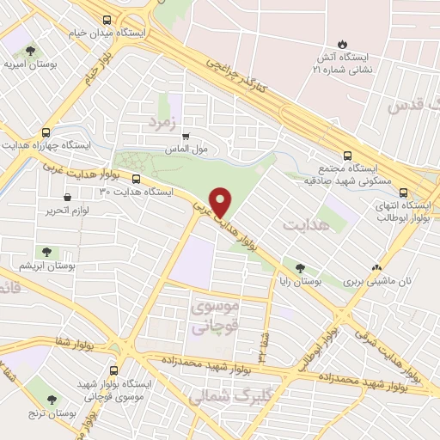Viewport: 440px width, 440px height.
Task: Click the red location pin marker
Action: pos(222,201)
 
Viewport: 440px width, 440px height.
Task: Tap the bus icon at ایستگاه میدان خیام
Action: pos(106,20)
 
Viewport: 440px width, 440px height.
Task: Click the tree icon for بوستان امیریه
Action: pos(32,50)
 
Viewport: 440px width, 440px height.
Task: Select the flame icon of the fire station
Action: pos(342,45)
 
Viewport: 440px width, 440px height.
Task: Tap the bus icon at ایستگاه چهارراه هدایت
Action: pos(46,133)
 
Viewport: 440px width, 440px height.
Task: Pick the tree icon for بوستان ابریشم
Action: pos(46,252)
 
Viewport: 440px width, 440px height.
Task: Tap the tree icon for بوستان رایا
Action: pos(299,267)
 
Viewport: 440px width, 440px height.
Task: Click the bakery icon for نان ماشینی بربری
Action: pos(376,267)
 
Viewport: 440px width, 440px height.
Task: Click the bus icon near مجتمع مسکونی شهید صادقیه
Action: pos(346,156)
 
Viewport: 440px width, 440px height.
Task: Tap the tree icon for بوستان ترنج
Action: pos(52,400)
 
